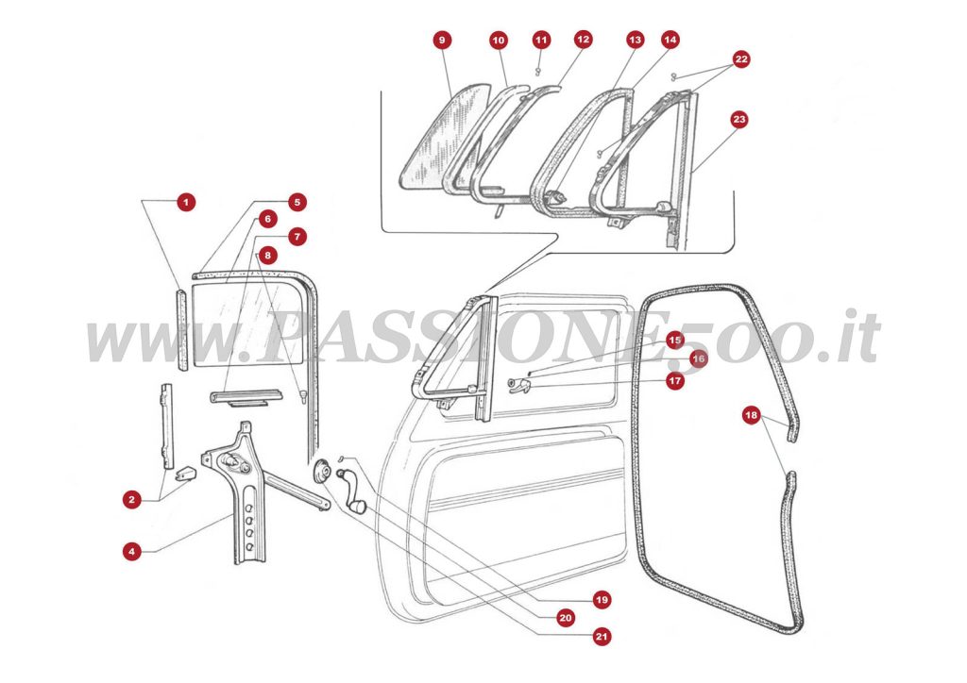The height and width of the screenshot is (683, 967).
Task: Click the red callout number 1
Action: pos(186,202)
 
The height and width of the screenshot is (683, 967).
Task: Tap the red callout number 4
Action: pos(131,551)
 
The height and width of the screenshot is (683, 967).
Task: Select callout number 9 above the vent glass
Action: pos(442,41)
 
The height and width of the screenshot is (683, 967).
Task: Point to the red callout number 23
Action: pos(739,120)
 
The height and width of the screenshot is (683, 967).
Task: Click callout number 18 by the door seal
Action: pos(751,414)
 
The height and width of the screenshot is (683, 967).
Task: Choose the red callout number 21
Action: pos(602,637)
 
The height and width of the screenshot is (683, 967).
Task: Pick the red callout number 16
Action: pos(698,358)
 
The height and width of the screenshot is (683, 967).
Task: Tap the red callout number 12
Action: pos(583,41)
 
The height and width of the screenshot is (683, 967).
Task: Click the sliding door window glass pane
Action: pos(247,325)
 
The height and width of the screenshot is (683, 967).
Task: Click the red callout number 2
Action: pos(131,499)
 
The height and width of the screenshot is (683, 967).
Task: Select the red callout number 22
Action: pos(741,59)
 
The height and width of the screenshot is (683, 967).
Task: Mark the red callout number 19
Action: pos(602,599)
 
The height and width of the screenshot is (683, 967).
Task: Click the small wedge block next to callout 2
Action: pos(185,469)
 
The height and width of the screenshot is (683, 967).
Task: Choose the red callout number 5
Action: pos(297,202)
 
